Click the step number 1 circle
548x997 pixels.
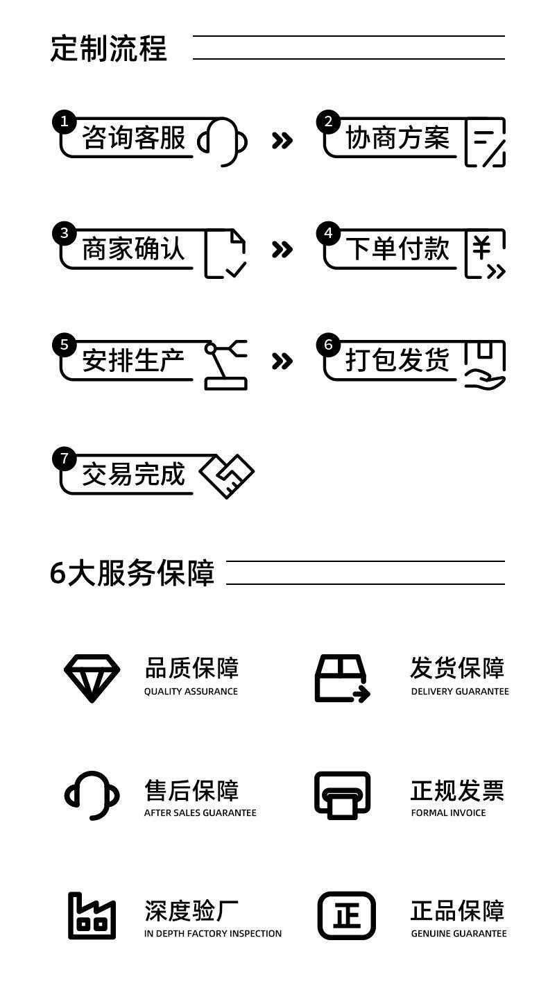pos(64,121)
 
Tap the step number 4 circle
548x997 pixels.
pos(329,233)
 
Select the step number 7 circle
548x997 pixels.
pos(64,458)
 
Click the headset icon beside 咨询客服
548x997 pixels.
pos(223,142)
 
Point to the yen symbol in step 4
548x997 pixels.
pos(481,247)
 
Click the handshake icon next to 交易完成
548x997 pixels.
pos(227,476)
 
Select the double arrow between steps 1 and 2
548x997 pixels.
pos(282,141)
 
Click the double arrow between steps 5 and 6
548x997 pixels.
pos(282,361)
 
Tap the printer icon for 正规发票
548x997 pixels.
pos(343,795)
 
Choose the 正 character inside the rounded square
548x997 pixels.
pos(346,917)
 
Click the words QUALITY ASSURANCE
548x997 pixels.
pos(191,692)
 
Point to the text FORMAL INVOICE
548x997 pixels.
pos(448,812)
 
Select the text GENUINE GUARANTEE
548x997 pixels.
pos(459,933)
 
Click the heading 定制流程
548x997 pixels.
pos(109,48)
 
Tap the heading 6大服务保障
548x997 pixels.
pos(132,573)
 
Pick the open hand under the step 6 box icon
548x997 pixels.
pos(485,381)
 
